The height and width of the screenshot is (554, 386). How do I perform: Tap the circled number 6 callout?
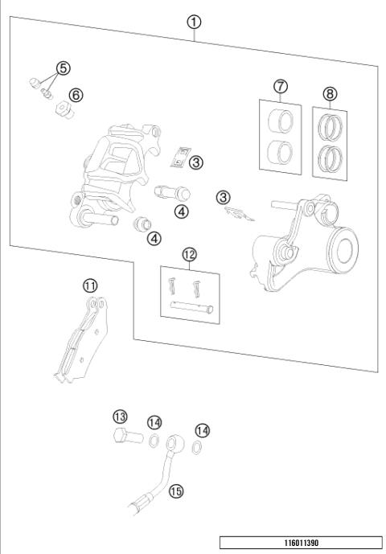(76, 94)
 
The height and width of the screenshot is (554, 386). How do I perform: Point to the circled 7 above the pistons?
(280, 86)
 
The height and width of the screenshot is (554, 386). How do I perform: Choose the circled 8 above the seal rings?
(331, 92)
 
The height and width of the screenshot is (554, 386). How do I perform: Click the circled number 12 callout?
(189, 255)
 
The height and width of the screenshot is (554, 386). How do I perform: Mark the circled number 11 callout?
(90, 285)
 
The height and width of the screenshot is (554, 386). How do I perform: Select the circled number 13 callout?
(120, 416)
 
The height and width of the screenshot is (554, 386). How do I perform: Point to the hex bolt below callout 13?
(123, 438)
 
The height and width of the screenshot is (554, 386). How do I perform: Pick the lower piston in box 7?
(280, 150)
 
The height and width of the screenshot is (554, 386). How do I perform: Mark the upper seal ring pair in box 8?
(331, 127)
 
